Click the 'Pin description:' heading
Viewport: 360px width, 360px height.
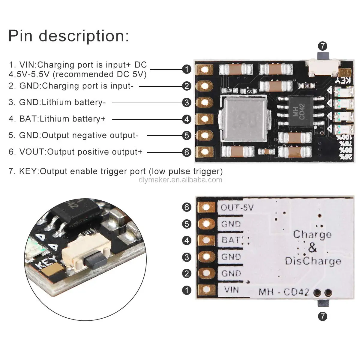click(68, 36)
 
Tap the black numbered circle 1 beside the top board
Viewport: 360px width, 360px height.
click(187, 70)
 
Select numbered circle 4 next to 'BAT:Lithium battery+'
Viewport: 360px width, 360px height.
click(187, 119)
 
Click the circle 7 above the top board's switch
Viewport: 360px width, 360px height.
click(322, 46)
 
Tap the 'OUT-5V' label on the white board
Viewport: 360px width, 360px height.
click(237, 207)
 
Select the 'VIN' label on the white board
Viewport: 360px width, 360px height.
click(231, 290)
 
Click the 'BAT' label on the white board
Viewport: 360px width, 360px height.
click(230, 240)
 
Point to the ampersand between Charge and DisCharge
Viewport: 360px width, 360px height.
click(312, 248)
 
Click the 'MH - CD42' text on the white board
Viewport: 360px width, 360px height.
click(283, 292)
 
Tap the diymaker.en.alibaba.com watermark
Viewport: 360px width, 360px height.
click(180, 180)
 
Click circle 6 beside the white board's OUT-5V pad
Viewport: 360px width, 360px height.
click(187, 207)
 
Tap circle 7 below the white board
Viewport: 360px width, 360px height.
click(322, 316)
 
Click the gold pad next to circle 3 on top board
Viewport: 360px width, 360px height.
click(205, 103)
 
